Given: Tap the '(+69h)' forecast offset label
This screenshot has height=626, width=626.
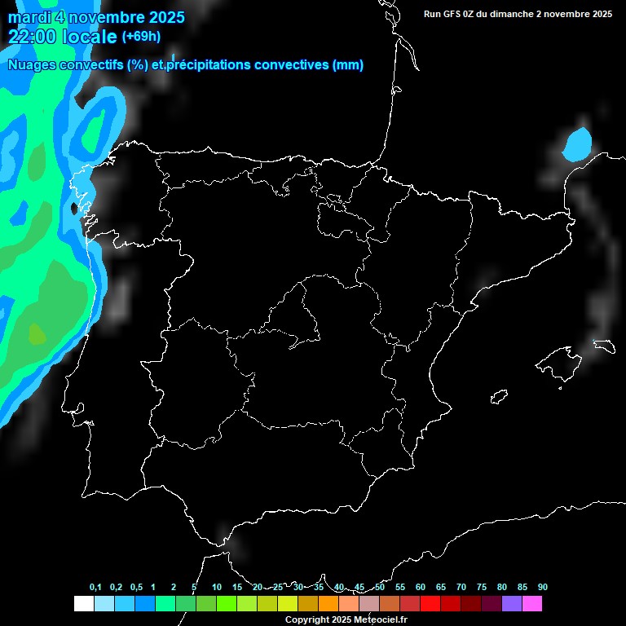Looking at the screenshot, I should coord(141,37).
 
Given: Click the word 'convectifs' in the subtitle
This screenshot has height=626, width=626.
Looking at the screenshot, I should coord(89,65).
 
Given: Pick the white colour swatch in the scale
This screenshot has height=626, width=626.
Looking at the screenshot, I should coord(83,604).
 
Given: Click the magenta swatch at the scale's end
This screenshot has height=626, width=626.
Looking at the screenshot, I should coord(532,604).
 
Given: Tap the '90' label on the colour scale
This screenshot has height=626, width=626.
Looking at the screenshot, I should coord(542,588).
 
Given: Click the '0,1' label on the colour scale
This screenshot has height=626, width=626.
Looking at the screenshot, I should coord(95,588).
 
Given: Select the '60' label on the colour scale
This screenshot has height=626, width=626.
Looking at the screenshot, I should coord(420,588).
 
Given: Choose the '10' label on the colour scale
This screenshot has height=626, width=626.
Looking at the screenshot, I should coord(217,588).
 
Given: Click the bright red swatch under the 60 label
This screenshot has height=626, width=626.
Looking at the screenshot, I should coord(430,604).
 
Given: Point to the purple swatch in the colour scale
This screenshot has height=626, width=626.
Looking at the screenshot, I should coord(512,604).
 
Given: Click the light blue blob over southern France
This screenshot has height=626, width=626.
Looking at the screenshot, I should coord(577,145).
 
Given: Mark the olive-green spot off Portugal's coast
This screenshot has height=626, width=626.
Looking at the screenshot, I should coord(37,333).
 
